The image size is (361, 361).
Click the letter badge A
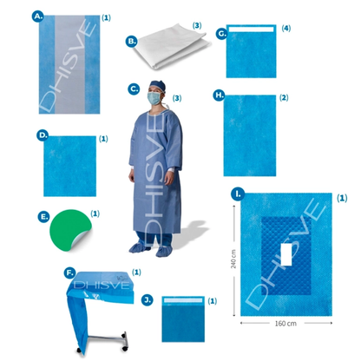pos(37,16)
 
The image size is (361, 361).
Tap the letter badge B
pos(131,41)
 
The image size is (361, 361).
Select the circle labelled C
pos(134,89)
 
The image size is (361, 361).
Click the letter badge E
pos(43,217)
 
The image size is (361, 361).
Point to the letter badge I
pos(238,194)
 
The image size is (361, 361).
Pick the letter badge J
pos(148,300)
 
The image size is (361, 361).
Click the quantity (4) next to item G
pos(286,29)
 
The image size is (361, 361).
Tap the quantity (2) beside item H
pos(284,98)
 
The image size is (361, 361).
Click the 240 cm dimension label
pos(233,259)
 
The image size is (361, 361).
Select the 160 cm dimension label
pos(286,324)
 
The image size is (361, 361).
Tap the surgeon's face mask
pos(154,98)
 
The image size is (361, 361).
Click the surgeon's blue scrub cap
pos(158,86)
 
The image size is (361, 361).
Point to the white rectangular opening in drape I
pos(286,254)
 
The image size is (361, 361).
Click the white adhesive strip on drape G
pos(251,30)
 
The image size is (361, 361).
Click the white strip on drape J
pos(183,300)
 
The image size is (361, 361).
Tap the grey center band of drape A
pos(69,64)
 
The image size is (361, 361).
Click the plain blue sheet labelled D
pos(69,166)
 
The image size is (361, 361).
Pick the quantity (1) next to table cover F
pos(136,272)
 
